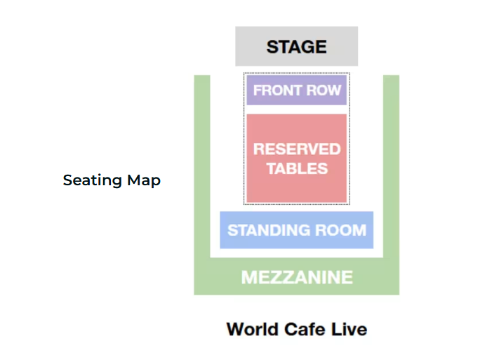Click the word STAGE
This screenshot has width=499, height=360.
[x=296, y=47]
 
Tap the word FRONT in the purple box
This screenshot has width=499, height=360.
[x=274, y=91]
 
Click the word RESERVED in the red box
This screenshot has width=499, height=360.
[x=297, y=149]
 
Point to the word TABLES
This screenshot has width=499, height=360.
[x=297, y=168]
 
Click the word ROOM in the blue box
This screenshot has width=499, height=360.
[x=343, y=230]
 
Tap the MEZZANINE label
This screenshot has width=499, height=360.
[x=297, y=277]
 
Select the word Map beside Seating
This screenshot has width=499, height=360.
[x=144, y=180]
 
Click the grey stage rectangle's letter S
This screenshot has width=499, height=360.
[x=272, y=47]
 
